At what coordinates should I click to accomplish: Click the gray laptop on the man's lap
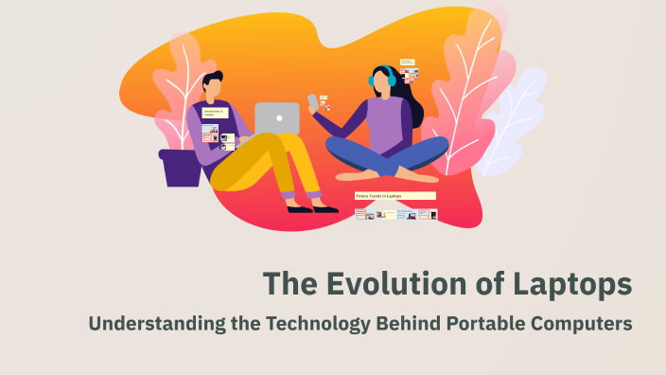(x=277, y=118)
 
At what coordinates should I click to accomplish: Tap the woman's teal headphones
(x=390, y=79)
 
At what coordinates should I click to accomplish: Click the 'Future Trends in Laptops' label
(x=394, y=196)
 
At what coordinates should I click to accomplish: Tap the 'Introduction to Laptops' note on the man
(x=215, y=113)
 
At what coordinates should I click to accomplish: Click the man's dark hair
(x=212, y=79)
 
